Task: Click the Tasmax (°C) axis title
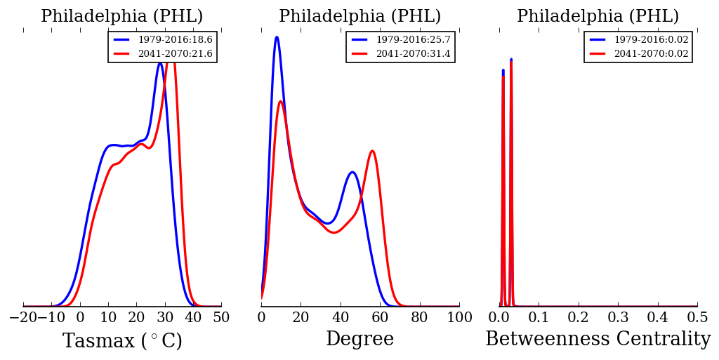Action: point(122,341)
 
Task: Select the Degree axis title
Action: point(359,340)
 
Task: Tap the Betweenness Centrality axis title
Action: point(598,340)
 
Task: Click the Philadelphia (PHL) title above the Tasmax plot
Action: point(122,17)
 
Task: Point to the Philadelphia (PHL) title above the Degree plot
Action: point(359,17)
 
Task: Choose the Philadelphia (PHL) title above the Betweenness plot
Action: point(598,17)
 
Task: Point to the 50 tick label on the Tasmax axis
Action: point(221,317)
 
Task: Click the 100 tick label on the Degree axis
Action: point(459,317)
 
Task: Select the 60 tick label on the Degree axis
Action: point(380,317)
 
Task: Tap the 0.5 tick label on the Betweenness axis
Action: point(697,317)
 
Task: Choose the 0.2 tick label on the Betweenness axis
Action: point(579,317)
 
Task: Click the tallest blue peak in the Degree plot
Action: point(277,37)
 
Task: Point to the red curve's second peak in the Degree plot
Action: point(372,151)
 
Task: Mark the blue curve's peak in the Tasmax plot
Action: point(160,63)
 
